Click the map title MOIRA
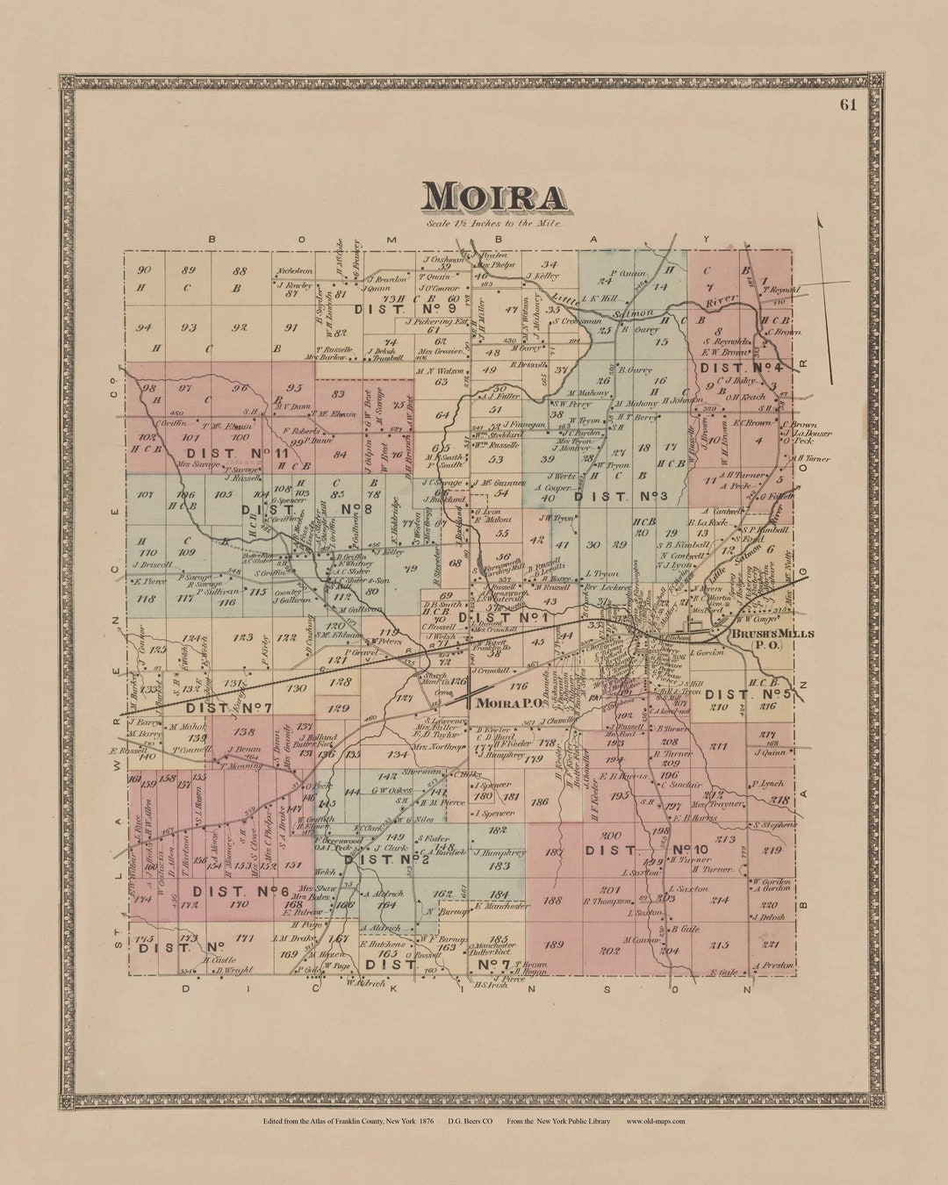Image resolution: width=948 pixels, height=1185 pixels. click(493, 197)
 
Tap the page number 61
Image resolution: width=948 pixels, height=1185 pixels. click(848, 105)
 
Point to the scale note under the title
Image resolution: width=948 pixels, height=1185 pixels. click(493, 224)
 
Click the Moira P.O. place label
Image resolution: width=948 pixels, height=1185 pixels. click(508, 703)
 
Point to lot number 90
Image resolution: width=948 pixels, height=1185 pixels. click(145, 270)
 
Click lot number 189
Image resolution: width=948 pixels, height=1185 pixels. click(554, 944)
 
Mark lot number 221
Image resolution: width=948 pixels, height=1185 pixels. click(771, 944)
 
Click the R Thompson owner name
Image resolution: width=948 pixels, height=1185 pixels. click(607, 901)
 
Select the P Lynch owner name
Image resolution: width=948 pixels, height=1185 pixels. click(765, 784)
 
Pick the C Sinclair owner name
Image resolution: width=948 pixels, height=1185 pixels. click(681, 784)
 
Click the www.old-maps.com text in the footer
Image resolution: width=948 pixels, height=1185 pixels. click(655, 1121)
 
